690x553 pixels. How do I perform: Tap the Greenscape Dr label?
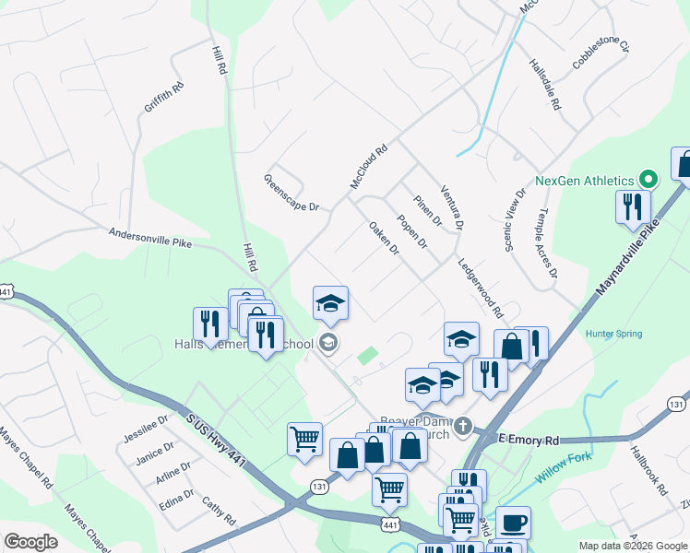(291, 193)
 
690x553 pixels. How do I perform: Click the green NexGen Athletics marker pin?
(648, 180)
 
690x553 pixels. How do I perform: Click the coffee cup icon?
(513, 523)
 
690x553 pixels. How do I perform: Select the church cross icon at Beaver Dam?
(463, 427)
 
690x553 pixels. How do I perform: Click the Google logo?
(30, 541)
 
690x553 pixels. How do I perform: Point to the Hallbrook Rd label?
(648, 470)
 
